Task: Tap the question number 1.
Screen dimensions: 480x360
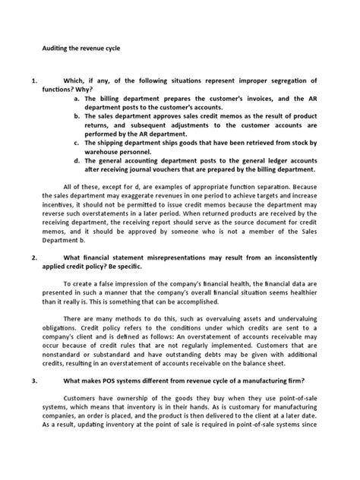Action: click(x=33, y=80)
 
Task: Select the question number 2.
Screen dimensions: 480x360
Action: click(x=33, y=258)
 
